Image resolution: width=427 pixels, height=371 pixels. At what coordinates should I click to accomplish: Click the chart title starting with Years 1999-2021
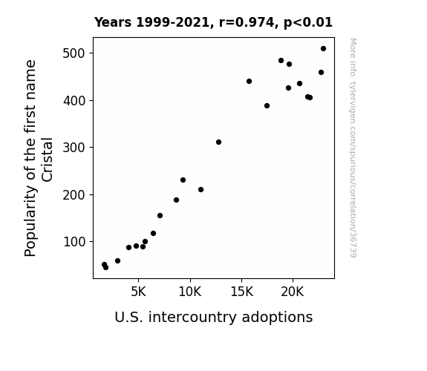(x=213, y=22)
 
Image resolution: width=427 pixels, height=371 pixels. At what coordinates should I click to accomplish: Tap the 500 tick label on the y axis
(x=74, y=53)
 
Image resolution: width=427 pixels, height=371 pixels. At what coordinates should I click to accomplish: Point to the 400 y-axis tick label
(x=74, y=101)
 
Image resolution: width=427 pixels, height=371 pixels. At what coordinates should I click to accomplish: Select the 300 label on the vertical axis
(x=74, y=148)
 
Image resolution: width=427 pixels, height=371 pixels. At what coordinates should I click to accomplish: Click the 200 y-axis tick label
(x=74, y=195)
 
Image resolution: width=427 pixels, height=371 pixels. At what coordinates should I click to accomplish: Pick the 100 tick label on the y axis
(x=74, y=242)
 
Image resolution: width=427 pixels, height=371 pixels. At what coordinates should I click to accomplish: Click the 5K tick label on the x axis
(x=138, y=292)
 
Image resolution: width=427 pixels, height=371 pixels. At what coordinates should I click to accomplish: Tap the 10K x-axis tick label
(x=190, y=292)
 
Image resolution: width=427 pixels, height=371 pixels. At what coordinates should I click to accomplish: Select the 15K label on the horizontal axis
(x=242, y=292)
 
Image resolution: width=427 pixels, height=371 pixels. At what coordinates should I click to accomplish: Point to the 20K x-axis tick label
(x=293, y=292)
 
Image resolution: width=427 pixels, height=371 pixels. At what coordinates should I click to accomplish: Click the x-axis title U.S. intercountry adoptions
(x=214, y=318)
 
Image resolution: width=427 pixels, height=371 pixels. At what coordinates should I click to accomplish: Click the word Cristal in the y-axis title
(x=47, y=160)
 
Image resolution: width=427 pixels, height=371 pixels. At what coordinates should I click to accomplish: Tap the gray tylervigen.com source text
(x=353, y=148)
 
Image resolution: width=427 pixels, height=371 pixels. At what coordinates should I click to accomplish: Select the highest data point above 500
(x=323, y=49)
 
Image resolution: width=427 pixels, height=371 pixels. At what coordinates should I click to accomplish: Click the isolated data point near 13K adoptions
(x=218, y=142)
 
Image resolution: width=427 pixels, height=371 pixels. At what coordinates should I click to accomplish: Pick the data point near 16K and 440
(x=249, y=82)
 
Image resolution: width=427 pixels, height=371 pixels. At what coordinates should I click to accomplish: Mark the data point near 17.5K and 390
(x=267, y=106)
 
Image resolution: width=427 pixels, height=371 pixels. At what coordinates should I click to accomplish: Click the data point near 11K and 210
(x=201, y=190)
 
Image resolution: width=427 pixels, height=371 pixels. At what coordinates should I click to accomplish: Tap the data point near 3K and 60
(x=117, y=261)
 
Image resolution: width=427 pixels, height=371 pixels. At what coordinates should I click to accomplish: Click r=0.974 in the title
(x=247, y=22)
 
